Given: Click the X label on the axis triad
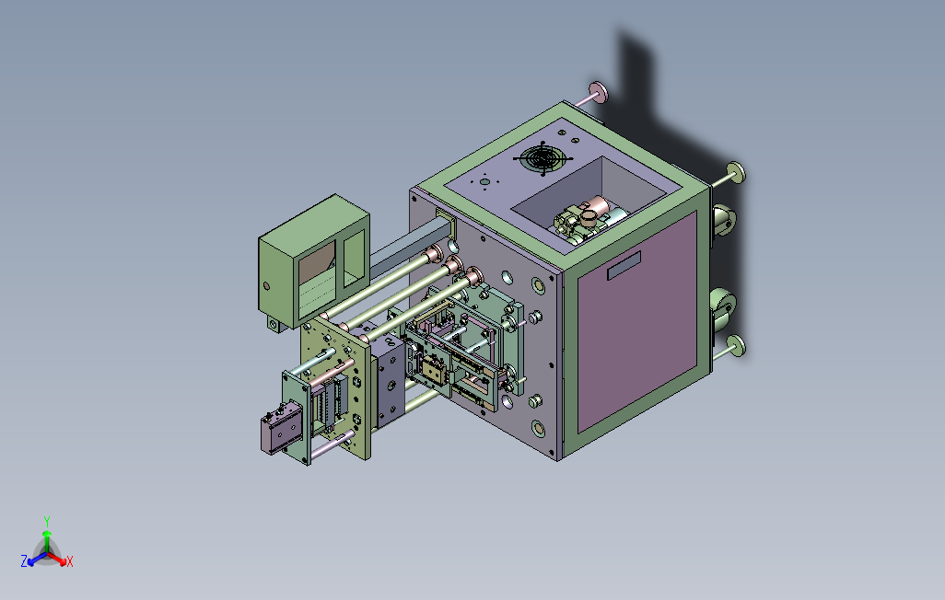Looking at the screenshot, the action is [70, 562].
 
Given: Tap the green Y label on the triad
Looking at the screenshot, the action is [47, 521].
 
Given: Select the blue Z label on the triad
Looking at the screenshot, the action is [24, 561].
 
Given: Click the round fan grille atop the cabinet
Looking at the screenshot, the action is [543, 159].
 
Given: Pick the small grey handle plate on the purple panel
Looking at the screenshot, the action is [624, 266].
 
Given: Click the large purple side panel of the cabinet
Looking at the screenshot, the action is [637, 322].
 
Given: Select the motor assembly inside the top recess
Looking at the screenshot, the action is [586, 220].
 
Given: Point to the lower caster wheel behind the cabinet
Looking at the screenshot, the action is [722, 308].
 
